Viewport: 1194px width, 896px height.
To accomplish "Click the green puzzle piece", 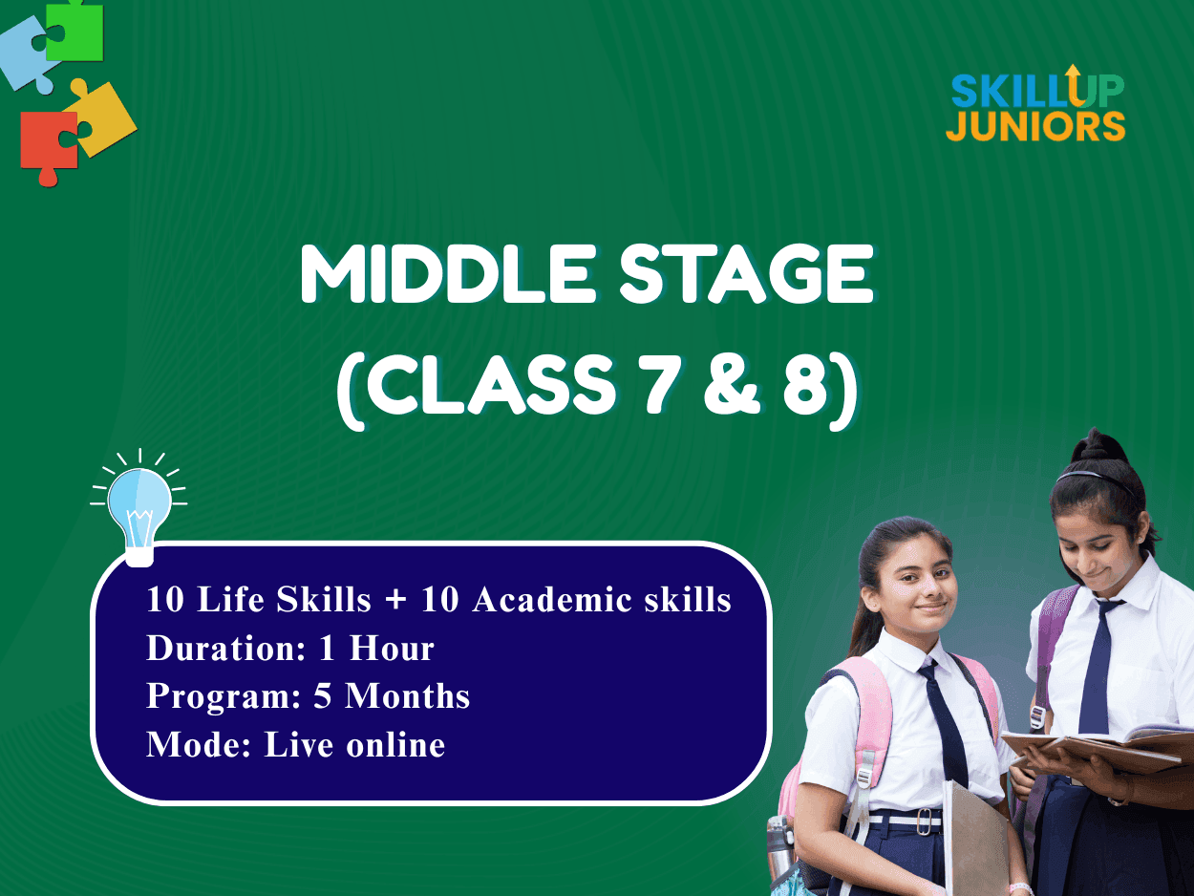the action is (76, 32).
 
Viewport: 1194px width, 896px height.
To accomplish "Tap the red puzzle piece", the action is (49, 145).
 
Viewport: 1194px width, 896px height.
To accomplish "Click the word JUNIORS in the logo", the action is (1035, 126).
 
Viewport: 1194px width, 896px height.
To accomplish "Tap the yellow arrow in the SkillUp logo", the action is (1073, 84).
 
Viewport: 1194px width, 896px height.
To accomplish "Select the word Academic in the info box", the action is (550, 599).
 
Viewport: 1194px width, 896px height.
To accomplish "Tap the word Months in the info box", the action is (408, 695).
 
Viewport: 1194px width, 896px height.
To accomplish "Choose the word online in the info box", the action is (396, 744).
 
